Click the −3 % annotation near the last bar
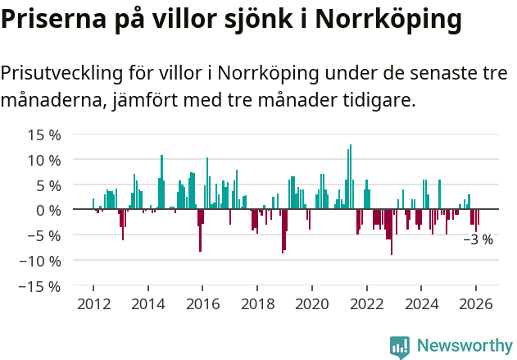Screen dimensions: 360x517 (x=478, y=240)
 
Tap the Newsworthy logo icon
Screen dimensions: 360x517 (x=400, y=346)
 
